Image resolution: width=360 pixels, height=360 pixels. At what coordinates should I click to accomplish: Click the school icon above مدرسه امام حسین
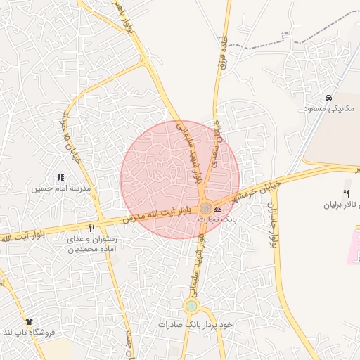pos(60,178)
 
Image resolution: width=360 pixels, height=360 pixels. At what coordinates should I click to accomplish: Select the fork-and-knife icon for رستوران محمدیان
pos(91,229)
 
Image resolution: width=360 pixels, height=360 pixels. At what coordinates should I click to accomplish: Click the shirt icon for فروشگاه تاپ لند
pos(29,321)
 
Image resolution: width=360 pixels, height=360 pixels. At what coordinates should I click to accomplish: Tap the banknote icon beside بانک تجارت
pos(217,209)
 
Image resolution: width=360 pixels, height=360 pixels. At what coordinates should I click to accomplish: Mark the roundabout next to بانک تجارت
pos(205,209)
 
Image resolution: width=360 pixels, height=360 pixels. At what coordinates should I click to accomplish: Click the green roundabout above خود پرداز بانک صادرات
pos(191,306)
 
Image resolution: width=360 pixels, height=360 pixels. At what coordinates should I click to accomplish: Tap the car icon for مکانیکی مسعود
pos(329,98)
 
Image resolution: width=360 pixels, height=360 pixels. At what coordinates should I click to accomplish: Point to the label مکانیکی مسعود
pos(330,109)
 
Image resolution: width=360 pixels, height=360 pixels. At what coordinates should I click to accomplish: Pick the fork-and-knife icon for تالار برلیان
pos(345,194)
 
